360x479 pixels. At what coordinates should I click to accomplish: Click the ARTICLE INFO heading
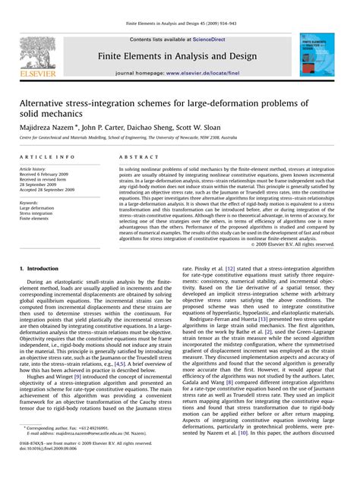pos(47,156)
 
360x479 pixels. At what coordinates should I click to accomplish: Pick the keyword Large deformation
pos(37,207)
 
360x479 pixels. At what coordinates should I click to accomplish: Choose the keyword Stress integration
pos(37,213)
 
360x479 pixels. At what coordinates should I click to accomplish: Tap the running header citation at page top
pos(180,7)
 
